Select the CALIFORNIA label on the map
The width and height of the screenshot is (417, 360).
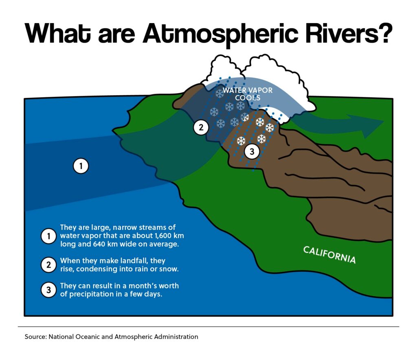329,255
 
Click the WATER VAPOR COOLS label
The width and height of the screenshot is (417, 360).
248,94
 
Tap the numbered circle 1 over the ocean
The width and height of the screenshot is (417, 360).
81,166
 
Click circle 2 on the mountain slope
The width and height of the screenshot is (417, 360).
201,127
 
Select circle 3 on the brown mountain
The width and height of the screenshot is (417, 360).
252,151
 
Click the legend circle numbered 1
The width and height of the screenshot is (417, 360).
48,236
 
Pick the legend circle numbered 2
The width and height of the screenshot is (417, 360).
48,265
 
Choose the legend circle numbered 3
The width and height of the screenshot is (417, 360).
48,290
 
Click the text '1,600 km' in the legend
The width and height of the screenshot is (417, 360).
169,236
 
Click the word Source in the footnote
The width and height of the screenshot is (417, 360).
36,337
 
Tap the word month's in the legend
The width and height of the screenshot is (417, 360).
143,286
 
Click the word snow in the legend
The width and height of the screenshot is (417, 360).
169,269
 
